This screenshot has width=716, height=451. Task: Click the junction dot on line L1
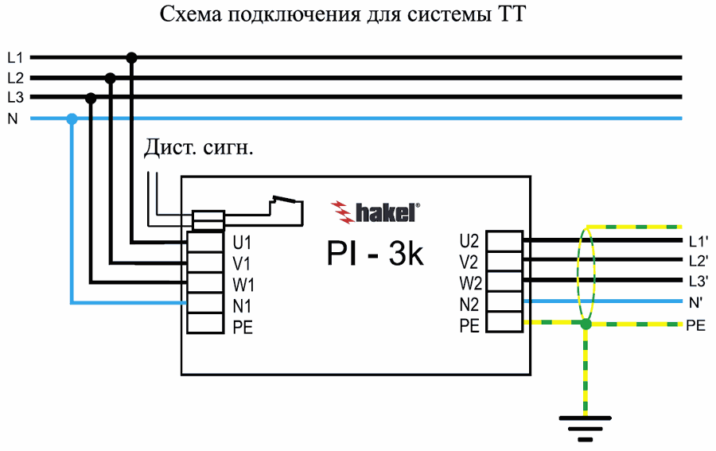coord(132,57)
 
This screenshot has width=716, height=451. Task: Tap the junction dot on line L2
coord(111,77)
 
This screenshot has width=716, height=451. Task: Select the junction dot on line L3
coord(91,98)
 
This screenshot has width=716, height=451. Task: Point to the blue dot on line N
coord(72,119)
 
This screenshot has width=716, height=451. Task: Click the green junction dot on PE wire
coord(586,325)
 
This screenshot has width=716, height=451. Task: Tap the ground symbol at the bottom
coord(586,426)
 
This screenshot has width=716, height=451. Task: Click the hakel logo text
coord(386,212)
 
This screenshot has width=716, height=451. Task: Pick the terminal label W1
coord(243,284)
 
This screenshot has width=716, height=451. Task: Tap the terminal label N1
coord(243,305)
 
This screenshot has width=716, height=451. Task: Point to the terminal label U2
coord(469,240)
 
